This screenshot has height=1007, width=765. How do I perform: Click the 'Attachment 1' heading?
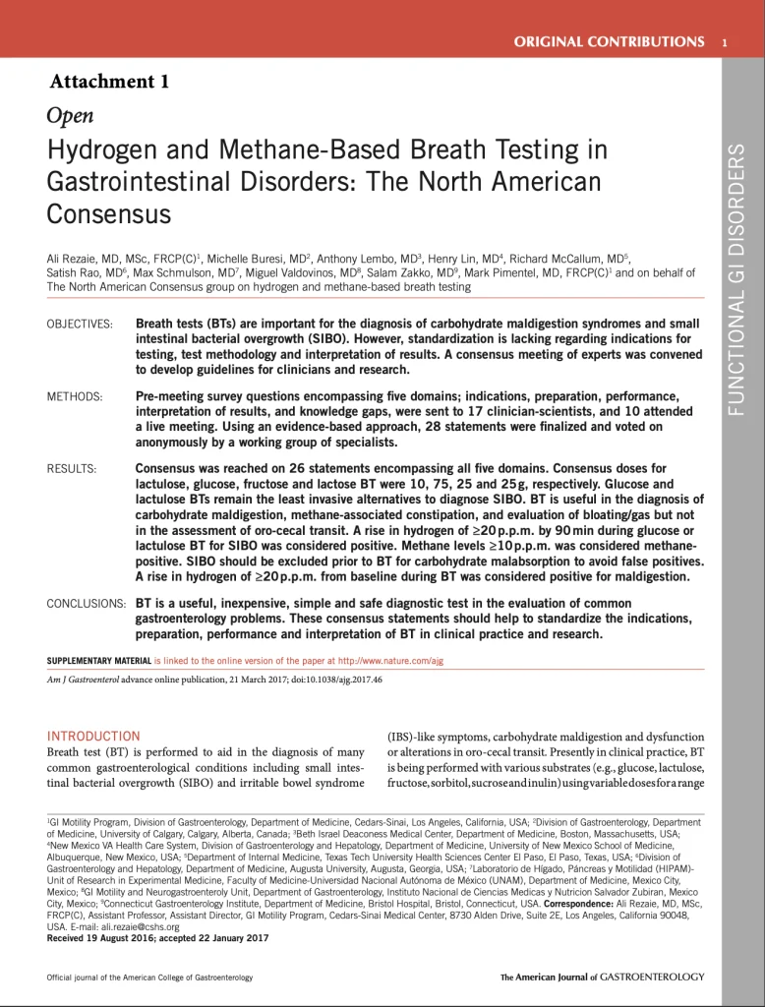point(109,82)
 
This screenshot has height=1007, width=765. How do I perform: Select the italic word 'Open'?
point(70,116)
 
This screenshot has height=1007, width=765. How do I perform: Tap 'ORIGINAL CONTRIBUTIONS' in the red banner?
point(610,41)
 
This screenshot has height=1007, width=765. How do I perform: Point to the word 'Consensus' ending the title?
point(109,213)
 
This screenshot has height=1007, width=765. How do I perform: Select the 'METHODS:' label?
point(75,396)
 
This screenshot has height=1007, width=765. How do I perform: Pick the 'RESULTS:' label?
point(72,469)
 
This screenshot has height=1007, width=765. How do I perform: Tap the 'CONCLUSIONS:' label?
point(86,603)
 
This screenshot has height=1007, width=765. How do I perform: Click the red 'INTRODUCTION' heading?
point(93,736)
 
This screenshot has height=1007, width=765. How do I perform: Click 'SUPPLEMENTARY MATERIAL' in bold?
point(98,661)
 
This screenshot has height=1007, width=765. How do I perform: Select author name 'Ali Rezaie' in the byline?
point(72,258)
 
